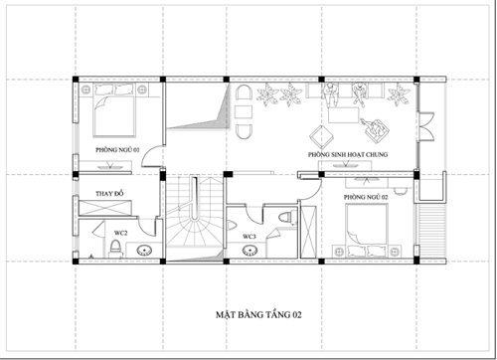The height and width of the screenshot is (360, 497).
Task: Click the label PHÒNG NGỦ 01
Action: [x=117, y=149]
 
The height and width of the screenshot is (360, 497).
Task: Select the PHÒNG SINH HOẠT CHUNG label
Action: [x=348, y=156]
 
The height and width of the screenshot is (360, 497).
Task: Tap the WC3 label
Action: [x=250, y=236]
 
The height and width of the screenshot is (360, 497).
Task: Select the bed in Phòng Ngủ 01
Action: [x=114, y=115]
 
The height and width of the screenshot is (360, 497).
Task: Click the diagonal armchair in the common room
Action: [x=377, y=127]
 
